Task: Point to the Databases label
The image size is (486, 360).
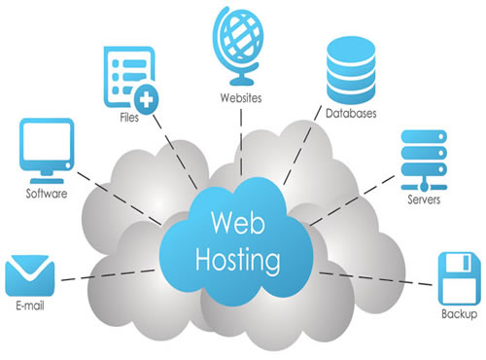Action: pos(351,113)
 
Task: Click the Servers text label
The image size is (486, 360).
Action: pos(425,199)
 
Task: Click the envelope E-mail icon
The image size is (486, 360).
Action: pos(27,275)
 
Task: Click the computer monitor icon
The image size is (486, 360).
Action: pos(46,147)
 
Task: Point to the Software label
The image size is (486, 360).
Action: pos(46,194)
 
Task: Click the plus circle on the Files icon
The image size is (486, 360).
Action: pos(146,96)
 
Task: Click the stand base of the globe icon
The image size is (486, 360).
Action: pos(235,81)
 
